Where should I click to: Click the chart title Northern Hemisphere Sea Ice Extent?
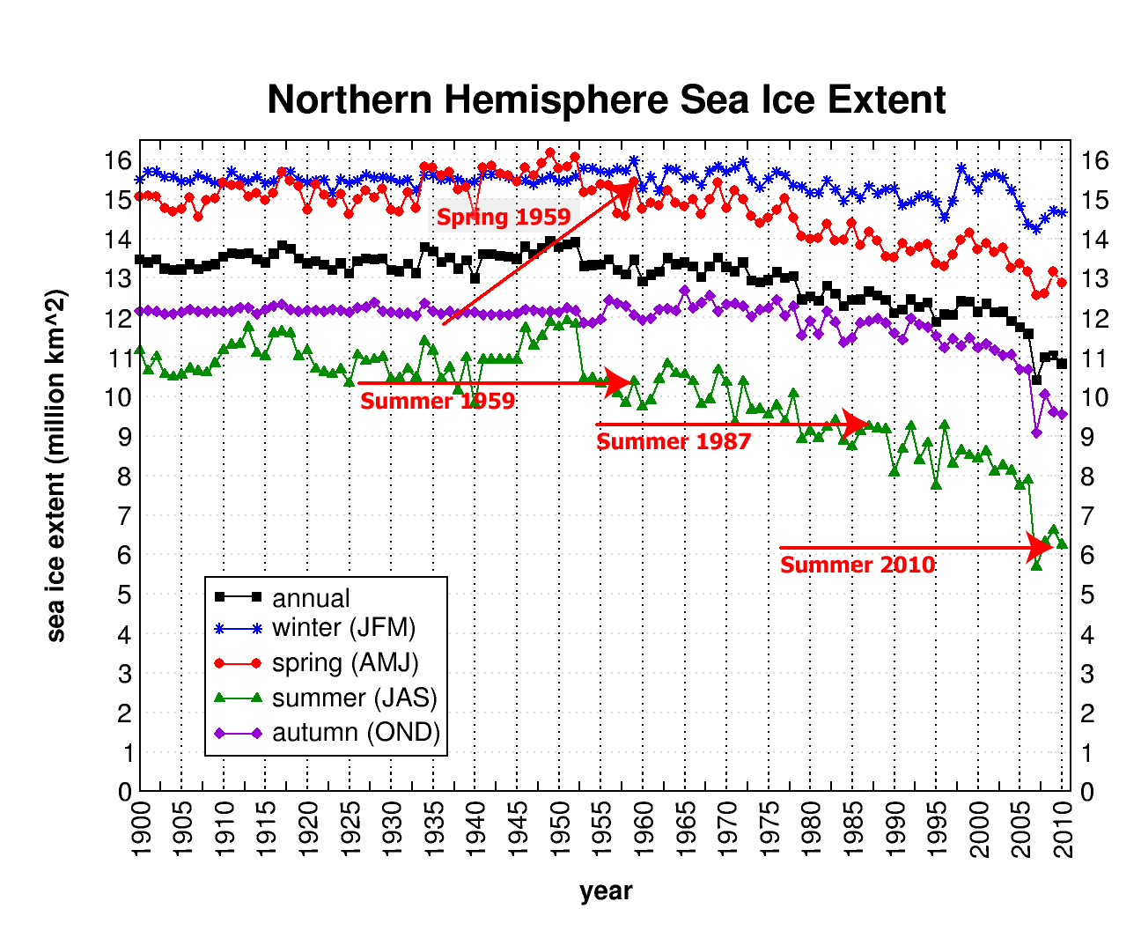pyautogui.click(x=606, y=100)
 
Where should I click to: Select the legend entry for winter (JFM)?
pyautogui.click(x=343, y=628)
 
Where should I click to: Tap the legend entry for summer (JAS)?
pyautogui.click(x=354, y=698)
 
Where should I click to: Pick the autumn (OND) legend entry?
pyautogui.click(x=356, y=733)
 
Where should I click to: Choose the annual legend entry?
pyautogui.click(x=311, y=598)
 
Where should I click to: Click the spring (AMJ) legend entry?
pyautogui.click(x=345, y=663)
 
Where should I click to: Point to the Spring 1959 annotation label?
pyautogui.click(x=504, y=217)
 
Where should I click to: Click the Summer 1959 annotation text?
pyautogui.click(x=438, y=402)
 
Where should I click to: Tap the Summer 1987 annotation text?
pyautogui.click(x=674, y=442)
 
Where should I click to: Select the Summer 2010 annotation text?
pyautogui.click(x=858, y=565)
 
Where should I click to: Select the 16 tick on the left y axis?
pyautogui.click(x=118, y=160)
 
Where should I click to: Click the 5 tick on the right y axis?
pyautogui.click(x=1088, y=595)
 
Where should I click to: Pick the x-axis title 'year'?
pyautogui.click(x=606, y=891)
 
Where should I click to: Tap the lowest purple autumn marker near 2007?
pyautogui.click(x=1036, y=432)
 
